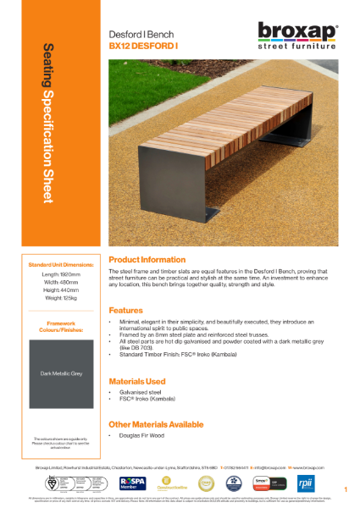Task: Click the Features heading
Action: pyautogui.click(x=125, y=310)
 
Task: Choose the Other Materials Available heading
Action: pyautogui.click(x=156, y=423)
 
